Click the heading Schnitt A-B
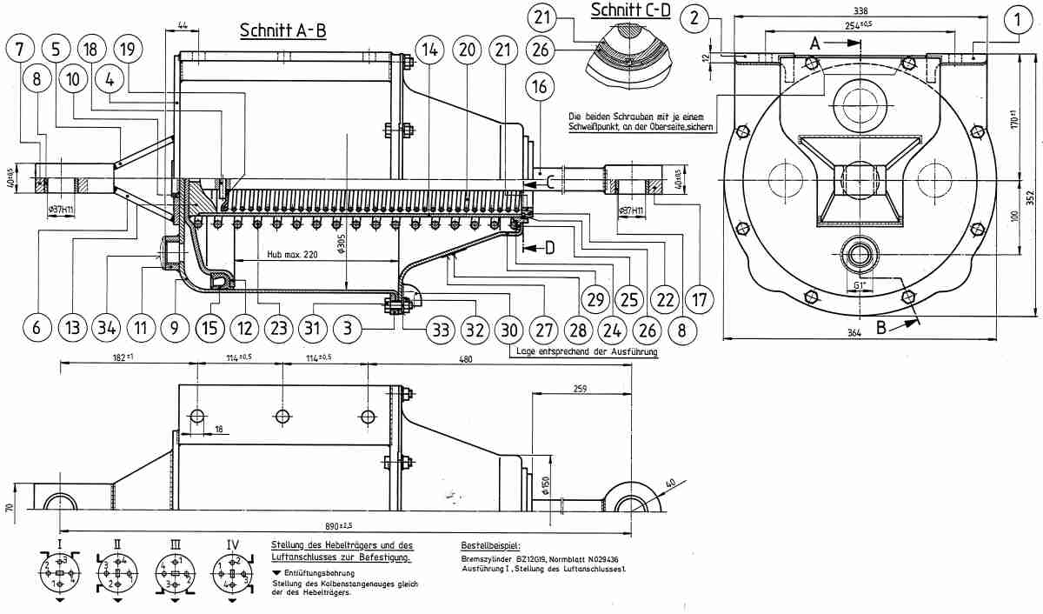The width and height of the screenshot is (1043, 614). (x=282, y=30)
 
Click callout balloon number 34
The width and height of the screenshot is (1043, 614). (x=107, y=330)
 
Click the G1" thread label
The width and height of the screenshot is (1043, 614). (x=860, y=284)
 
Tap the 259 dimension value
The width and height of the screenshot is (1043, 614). (x=581, y=391)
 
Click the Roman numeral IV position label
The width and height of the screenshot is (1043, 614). (x=233, y=545)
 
